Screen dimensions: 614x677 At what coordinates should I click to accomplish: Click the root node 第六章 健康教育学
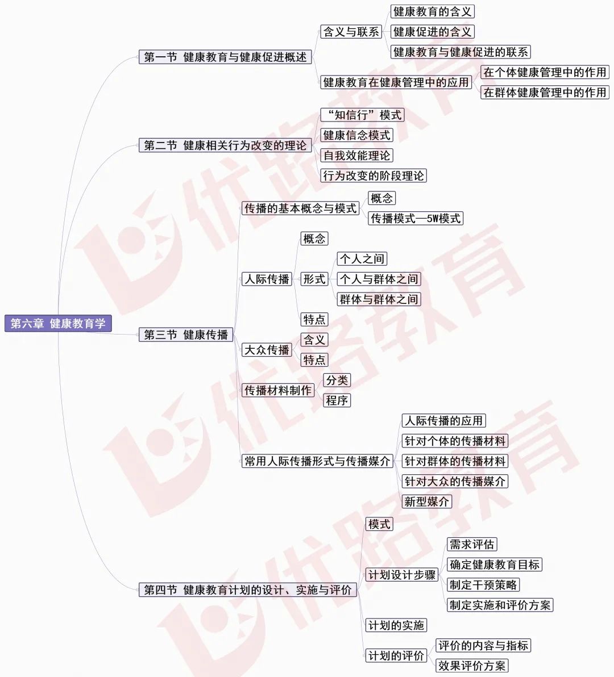pos(58,323)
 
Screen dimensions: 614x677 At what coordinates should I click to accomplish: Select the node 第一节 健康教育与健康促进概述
pos(225,57)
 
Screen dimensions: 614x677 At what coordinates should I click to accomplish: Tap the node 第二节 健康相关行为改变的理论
pos(225,145)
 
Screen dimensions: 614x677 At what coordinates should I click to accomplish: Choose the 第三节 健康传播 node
pos(186,335)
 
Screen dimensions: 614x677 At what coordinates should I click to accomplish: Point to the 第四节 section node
pos(247,590)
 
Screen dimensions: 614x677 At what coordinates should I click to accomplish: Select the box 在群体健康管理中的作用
pos(545,93)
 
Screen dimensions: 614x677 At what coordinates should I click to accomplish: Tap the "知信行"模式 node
pos(363,115)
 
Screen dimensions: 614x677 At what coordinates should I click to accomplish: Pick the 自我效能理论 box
pos(357,156)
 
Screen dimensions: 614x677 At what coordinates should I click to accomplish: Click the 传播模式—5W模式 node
pos(416,219)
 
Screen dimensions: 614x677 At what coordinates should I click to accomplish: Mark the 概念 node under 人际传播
pos(314,239)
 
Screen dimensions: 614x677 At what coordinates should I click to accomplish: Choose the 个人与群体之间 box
pos(379,279)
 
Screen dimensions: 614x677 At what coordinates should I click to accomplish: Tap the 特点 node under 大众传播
pos(314,360)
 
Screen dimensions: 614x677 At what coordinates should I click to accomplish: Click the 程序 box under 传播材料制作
pos(337,400)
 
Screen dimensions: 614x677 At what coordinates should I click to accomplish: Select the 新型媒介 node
pos(427,502)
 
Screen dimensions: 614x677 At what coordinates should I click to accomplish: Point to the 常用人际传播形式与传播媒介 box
pos(317,461)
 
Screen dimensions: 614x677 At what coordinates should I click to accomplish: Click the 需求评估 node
pos(472,545)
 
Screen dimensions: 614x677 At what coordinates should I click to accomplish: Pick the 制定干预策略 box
pos(483,584)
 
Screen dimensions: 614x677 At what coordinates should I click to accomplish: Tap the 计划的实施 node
pos(396,625)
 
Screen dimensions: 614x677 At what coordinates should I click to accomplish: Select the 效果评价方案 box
pos(472,666)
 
